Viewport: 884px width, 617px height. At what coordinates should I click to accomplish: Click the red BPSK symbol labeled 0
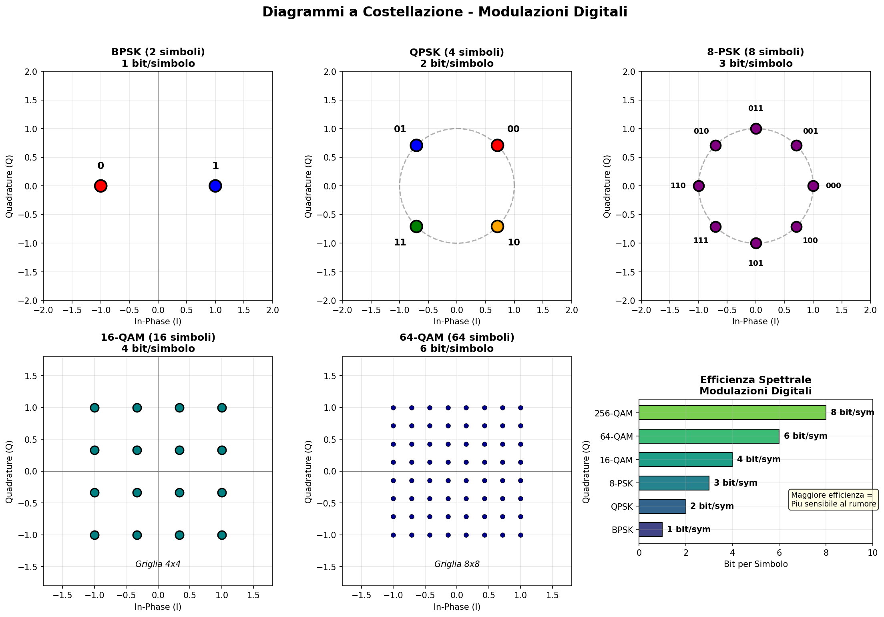(x=100, y=186)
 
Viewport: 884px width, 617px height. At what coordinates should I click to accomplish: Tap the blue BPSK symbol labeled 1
(x=215, y=186)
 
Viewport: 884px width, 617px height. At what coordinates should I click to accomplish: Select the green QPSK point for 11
(x=416, y=226)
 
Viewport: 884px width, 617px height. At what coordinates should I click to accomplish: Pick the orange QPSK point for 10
(x=497, y=226)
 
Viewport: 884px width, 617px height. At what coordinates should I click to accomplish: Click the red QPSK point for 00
(x=497, y=145)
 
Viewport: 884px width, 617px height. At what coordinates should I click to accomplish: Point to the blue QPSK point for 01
(x=416, y=145)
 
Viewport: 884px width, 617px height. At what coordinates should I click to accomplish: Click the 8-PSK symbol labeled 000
(x=813, y=186)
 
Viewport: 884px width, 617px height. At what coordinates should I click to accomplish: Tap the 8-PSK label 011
(x=755, y=109)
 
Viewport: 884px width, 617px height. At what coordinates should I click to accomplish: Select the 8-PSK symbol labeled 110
(x=699, y=186)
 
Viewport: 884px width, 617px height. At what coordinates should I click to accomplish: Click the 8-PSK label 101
(x=755, y=263)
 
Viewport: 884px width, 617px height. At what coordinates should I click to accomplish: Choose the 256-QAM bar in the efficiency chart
(x=732, y=412)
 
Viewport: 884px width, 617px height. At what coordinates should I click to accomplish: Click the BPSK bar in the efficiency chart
(x=650, y=529)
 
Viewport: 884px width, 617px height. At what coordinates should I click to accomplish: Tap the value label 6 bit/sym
(x=805, y=436)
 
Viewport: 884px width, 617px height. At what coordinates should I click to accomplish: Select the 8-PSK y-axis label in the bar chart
(x=622, y=483)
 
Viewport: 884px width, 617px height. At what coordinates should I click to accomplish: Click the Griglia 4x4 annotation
(x=158, y=564)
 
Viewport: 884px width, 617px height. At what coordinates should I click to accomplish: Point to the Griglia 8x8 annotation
(x=457, y=564)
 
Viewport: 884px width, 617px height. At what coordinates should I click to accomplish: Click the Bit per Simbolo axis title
(x=755, y=564)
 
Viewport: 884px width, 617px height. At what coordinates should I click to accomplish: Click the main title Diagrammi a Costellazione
(x=444, y=12)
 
